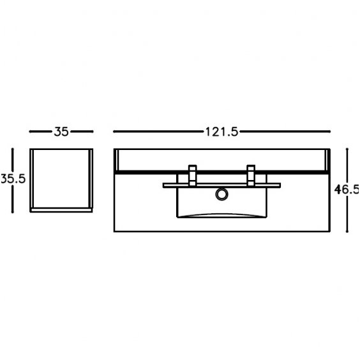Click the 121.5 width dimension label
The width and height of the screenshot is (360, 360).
point(221,132)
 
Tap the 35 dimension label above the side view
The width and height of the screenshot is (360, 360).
point(61,131)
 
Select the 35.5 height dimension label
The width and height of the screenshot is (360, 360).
point(13,179)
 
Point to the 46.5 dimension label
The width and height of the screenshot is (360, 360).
point(347,190)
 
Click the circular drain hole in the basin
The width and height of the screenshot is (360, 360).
point(221,194)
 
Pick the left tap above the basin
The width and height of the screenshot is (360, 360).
point(192,175)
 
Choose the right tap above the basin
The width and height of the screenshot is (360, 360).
point(251,175)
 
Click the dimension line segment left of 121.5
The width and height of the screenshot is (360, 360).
point(158,131)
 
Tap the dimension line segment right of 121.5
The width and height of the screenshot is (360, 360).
point(285,131)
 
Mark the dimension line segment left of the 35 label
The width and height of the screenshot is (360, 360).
point(41,131)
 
